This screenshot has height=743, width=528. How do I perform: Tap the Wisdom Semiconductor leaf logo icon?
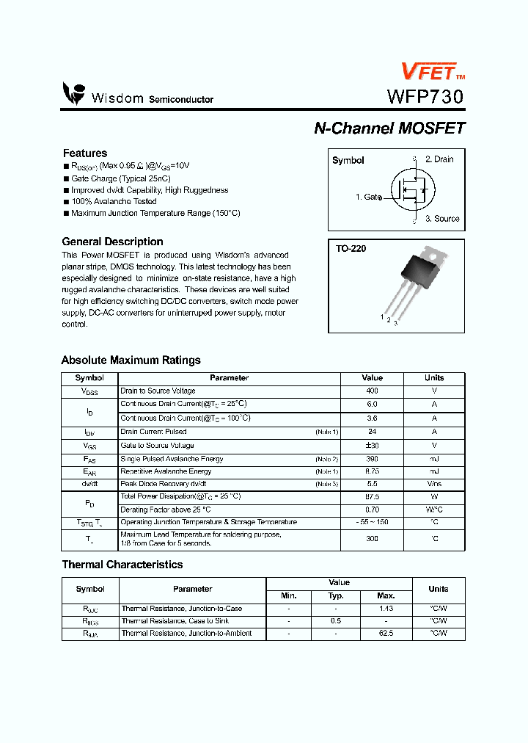[74, 93]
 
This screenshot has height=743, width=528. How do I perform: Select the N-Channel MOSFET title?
[389, 128]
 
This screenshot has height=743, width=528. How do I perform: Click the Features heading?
[85, 153]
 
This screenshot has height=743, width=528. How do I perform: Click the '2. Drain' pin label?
[439, 159]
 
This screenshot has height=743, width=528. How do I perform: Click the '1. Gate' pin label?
[368, 197]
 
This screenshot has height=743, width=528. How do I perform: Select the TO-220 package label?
[351, 249]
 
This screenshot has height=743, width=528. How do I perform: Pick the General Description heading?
[112, 242]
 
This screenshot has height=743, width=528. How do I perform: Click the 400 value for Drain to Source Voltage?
[372, 391]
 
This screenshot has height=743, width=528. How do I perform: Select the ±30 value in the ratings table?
[372, 446]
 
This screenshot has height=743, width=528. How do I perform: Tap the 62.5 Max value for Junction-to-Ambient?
[386, 634]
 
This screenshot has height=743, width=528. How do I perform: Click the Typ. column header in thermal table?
[336, 596]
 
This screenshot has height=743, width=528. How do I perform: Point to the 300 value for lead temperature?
[372, 539]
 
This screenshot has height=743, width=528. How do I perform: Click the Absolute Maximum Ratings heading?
[131, 360]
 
